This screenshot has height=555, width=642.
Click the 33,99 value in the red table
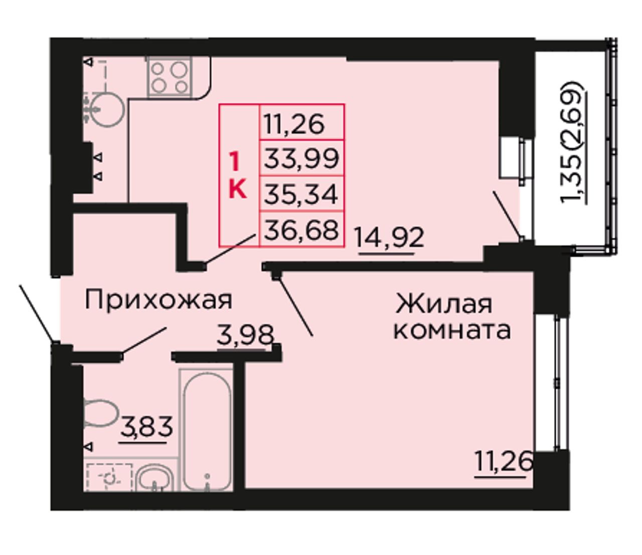pyautogui.click(x=301, y=158)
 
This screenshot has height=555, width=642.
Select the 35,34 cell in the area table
pyautogui.click(x=301, y=194)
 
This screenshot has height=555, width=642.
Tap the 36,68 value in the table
pyautogui.click(x=301, y=230)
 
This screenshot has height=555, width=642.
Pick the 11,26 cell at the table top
pyautogui.click(x=294, y=125)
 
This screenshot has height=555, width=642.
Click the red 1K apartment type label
pyautogui.click(x=238, y=175)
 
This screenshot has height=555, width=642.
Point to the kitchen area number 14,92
pyautogui.click(x=389, y=238)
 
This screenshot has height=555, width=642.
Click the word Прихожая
pyautogui.click(x=158, y=300)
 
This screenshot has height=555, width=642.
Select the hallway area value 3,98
pyautogui.click(x=245, y=335)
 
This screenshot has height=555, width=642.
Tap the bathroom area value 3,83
pyautogui.click(x=146, y=427)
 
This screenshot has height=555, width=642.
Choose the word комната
pyautogui.click(x=452, y=331)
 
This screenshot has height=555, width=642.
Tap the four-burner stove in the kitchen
pyautogui.click(x=170, y=77)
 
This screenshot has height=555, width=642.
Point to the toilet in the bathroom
pyautogui.click(x=100, y=413)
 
